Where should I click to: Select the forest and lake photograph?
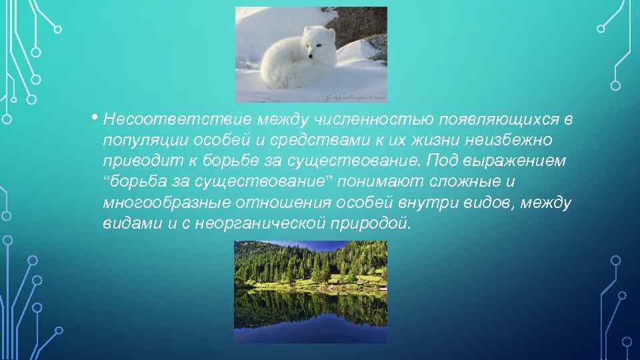311,291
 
